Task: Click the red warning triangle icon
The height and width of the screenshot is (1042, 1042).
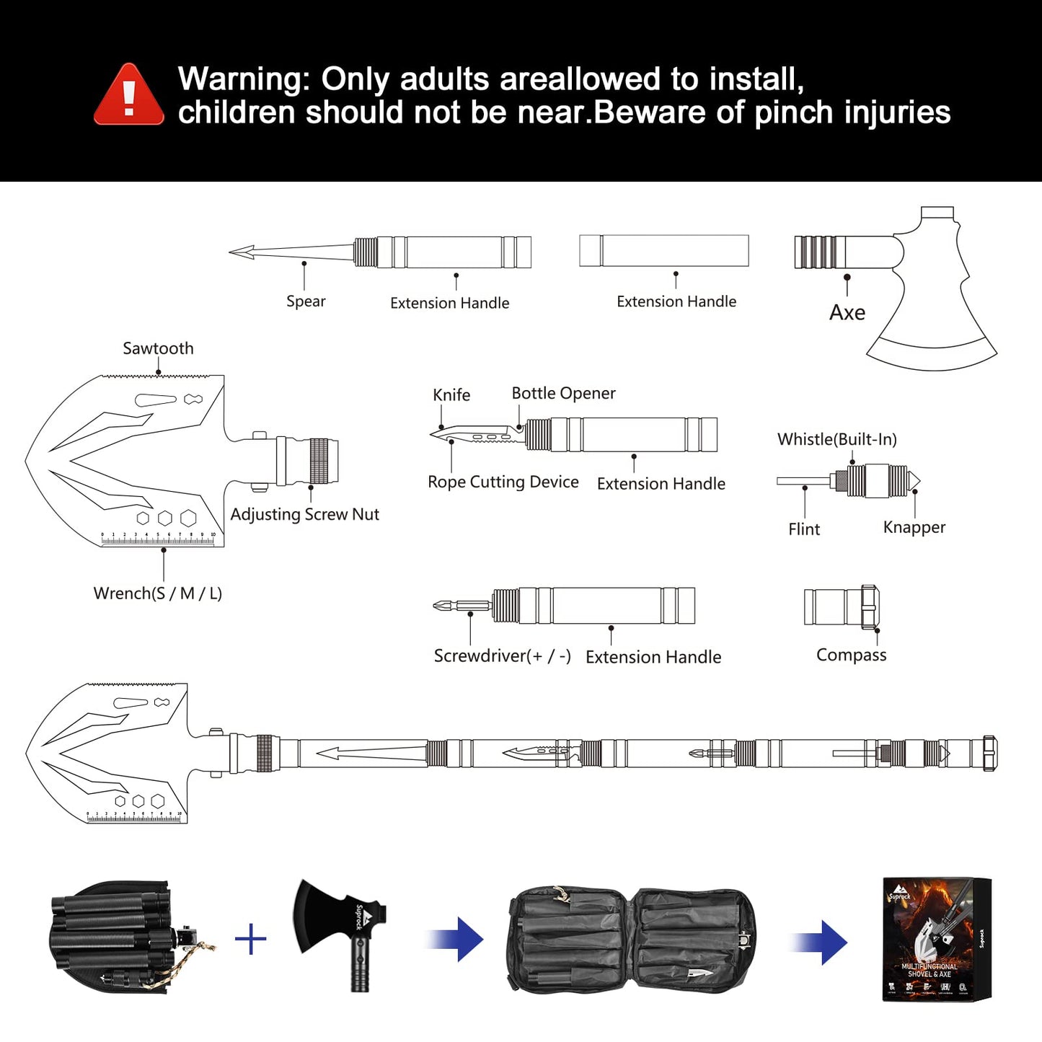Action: point(129,96)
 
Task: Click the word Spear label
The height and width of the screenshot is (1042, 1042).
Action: point(306,301)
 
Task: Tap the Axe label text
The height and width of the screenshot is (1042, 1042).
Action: point(847,313)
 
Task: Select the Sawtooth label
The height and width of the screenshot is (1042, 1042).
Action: point(158,348)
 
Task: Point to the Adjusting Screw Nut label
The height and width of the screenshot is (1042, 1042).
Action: point(304,514)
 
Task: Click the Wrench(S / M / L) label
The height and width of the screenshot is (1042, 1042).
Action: point(158,593)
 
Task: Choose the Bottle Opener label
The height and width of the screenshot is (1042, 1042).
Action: point(563,393)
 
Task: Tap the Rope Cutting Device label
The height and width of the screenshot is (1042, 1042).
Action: point(503,482)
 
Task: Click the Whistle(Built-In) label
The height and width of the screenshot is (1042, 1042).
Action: point(836,439)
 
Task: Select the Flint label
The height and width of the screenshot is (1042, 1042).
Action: point(804,529)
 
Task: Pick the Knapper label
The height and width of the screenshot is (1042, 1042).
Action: point(914,527)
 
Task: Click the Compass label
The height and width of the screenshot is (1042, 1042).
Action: point(851,655)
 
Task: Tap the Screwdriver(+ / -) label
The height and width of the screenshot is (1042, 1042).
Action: point(502,656)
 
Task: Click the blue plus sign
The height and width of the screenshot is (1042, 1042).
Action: point(250,939)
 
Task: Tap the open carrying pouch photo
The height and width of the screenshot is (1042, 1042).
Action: point(632,939)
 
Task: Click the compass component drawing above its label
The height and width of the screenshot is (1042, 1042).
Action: point(842,606)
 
